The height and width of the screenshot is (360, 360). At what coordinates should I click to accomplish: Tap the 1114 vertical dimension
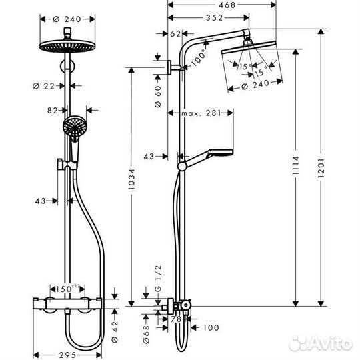coord(295,169)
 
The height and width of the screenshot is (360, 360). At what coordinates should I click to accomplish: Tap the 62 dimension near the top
coord(175,33)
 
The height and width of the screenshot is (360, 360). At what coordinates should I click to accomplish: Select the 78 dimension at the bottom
coord(177,319)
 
